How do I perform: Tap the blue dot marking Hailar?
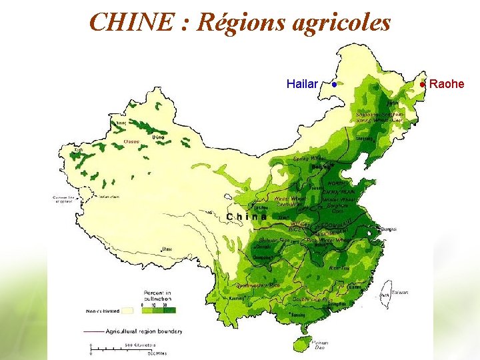pos(333,84)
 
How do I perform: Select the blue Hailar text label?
pos(301,84)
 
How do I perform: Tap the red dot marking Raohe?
pos(423,84)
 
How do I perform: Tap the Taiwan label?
pos(399,292)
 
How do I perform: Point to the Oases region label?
pos(133,142)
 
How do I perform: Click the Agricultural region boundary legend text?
pos(143,331)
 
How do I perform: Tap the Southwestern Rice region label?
pos(257,285)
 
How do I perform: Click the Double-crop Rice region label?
pos(312,300)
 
